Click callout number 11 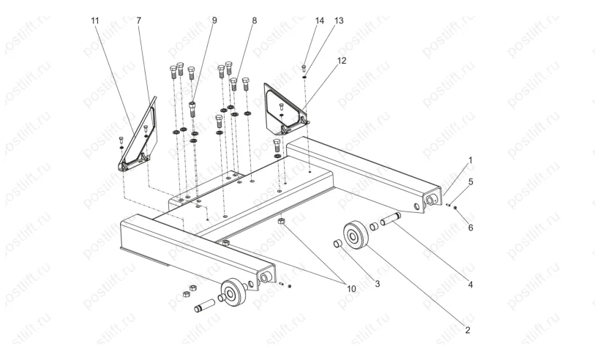(94, 20)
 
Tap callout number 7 (139, 20)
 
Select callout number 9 (214, 20)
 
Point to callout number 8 (254, 20)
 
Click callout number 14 (320, 21)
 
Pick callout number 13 (339, 21)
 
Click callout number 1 (470, 159)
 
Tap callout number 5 (470, 181)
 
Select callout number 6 (470, 228)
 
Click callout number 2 (467, 331)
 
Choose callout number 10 (351, 289)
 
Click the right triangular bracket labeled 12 (284, 108)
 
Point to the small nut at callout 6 (456, 209)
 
